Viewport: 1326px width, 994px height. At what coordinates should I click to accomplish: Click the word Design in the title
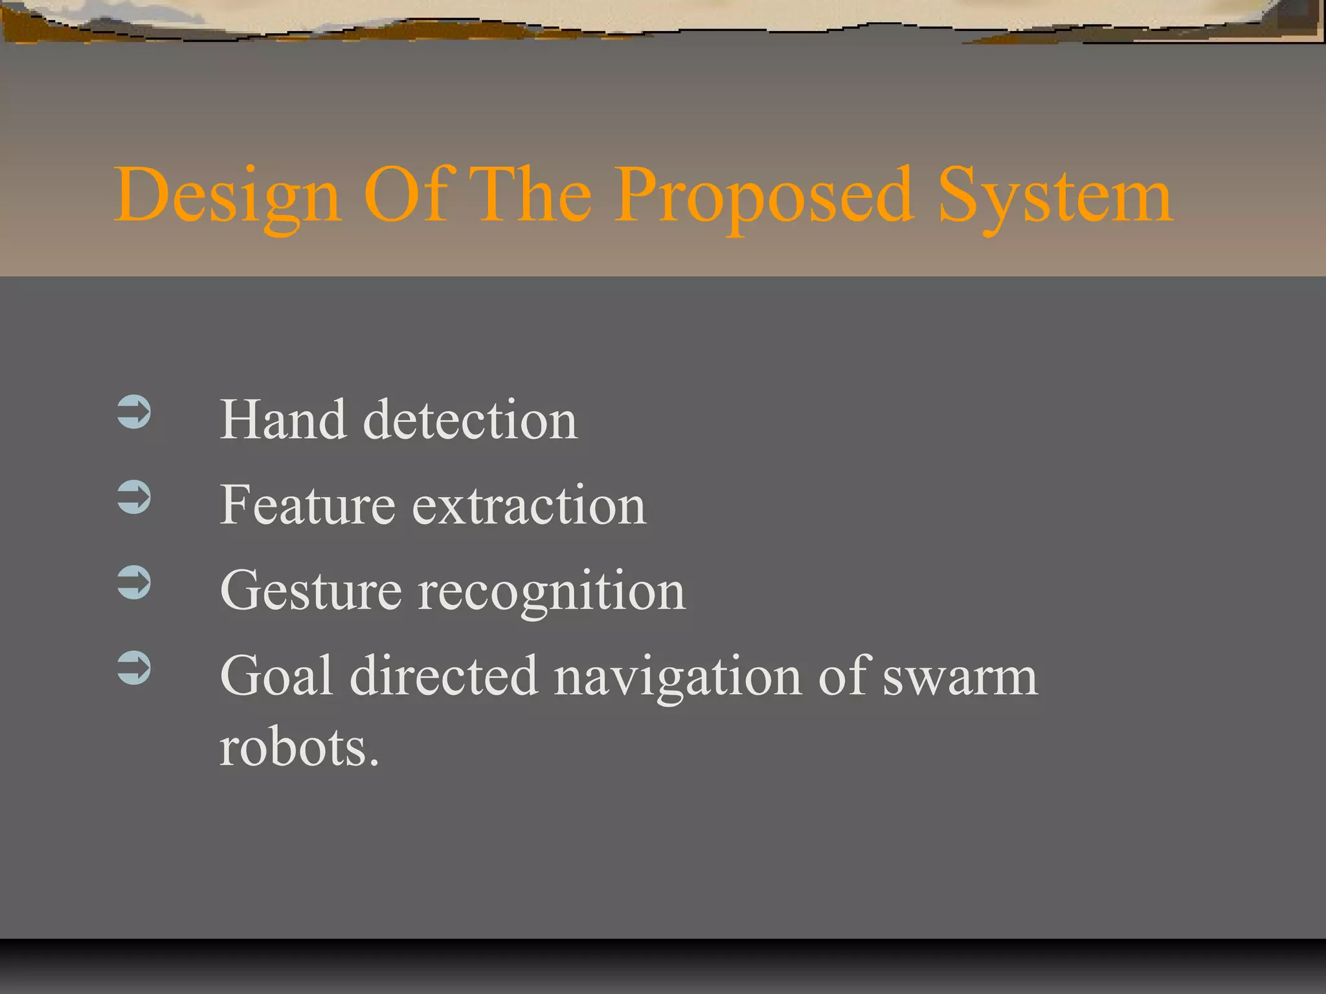pos(227,195)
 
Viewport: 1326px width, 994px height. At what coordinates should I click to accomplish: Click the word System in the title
pos(1055,195)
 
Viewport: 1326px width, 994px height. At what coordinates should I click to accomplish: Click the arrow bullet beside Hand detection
pos(134,412)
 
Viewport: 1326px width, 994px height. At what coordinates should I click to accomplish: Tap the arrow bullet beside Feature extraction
pos(134,498)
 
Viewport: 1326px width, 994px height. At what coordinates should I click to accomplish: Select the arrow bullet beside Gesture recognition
pos(134,582)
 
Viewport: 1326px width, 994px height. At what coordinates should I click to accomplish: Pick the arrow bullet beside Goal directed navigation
pos(134,668)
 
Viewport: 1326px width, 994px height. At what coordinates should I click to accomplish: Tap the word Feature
pos(308,505)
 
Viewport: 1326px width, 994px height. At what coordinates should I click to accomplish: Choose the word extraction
pos(529,505)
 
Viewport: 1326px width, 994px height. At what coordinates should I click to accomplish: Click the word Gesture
pos(311,591)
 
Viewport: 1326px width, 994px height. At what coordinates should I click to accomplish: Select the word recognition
pos(552,591)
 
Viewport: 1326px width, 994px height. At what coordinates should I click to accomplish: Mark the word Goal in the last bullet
pos(276,676)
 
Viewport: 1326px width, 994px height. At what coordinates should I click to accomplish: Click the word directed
pos(444,676)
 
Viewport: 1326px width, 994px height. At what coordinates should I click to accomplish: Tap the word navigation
pos(678,677)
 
